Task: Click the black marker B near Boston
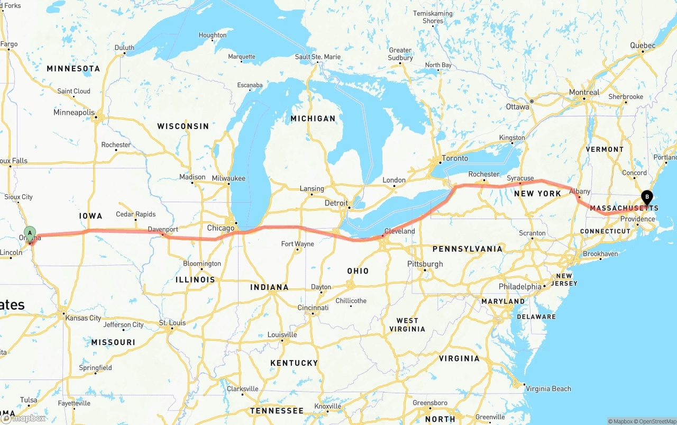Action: point(646,198)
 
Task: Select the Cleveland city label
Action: point(399,231)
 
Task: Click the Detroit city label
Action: point(336,203)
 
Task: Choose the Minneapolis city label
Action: point(74,112)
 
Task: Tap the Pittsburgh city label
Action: point(425,264)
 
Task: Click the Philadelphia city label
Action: point(520,287)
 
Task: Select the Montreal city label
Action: point(584,92)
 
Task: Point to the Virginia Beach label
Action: point(548,388)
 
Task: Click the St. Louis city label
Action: point(172,323)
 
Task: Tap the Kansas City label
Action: point(83,318)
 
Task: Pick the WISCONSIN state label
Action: point(183,126)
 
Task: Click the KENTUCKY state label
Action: point(294,363)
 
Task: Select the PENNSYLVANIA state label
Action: point(467,249)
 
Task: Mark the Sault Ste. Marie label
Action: point(317,57)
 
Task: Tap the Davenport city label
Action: point(162,229)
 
